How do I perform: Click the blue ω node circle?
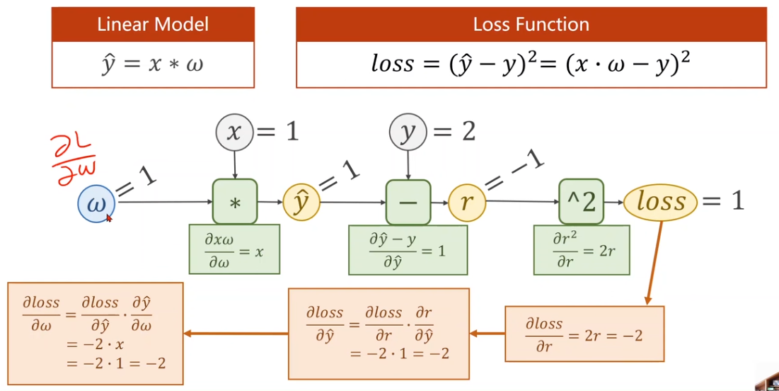point(96,203)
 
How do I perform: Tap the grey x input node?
point(234,132)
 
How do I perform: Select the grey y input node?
point(408,132)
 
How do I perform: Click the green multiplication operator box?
point(235,202)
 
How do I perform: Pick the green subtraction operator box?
point(408,202)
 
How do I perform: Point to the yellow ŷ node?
point(301,203)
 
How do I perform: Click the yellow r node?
point(466,203)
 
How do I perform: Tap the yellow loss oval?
point(660,202)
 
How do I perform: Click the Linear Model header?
point(153,25)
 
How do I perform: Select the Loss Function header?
point(531,25)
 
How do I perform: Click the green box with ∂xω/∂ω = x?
point(234,249)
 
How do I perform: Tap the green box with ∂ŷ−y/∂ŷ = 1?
point(408,249)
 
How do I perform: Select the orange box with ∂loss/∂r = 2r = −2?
point(584,334)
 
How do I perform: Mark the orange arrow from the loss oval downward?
point(654,262)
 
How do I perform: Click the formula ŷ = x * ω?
point(153,64)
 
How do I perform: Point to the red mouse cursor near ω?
point(110,219)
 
